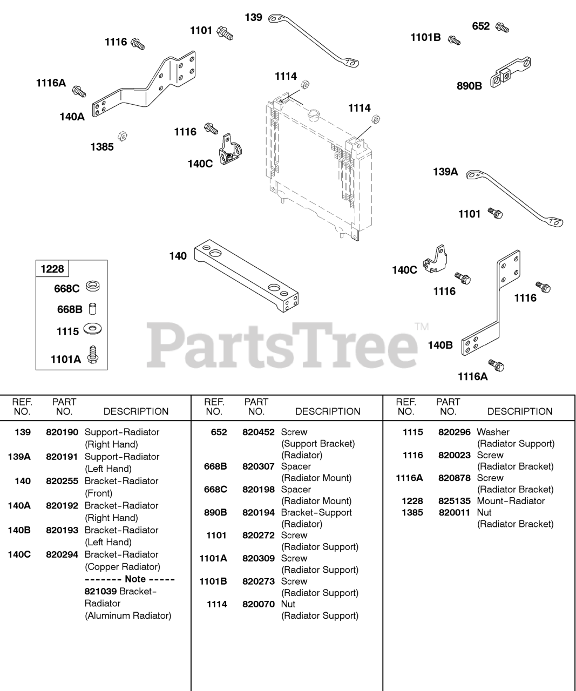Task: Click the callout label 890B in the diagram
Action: coord(469,85)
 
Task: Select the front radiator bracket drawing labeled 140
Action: coord(247,277)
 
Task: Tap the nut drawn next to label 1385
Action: coord(122,134)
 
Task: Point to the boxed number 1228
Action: coord(52,269)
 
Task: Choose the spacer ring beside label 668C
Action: coord(92,287)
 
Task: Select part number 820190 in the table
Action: coord(62,432)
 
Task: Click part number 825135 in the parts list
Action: coord(454,501)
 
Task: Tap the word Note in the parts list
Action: coord(135,579)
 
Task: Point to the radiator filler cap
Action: coord(313,115)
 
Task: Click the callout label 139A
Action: coord(445,172)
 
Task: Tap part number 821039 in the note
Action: coord(100,591)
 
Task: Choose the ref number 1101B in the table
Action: coord(213,581)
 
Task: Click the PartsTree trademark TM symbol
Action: coord(422,326)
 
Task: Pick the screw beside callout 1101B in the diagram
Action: coord(454,40)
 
